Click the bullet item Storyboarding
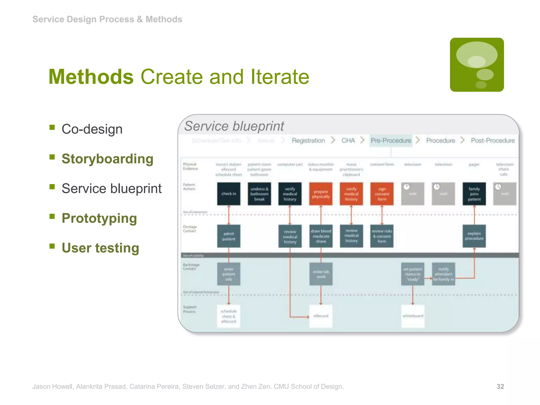[107, 159]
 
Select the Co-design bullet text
[92, 129]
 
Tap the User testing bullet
[100, 248]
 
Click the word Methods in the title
[91, 77]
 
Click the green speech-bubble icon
[477, 65]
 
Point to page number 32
[500, 387]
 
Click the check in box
[229, 194]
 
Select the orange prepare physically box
[321, 194]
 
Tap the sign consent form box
[382, 194]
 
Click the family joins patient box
[474, 194]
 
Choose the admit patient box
[229, 236]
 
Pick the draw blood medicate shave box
[321, 236]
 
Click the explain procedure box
[474, 236]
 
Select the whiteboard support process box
[413, 316]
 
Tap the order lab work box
[321, 274]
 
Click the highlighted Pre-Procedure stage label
[391, 141]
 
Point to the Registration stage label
[308, 141]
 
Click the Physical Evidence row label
[190, 166]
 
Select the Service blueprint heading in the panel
[234, 126]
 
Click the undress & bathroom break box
[259, 194]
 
